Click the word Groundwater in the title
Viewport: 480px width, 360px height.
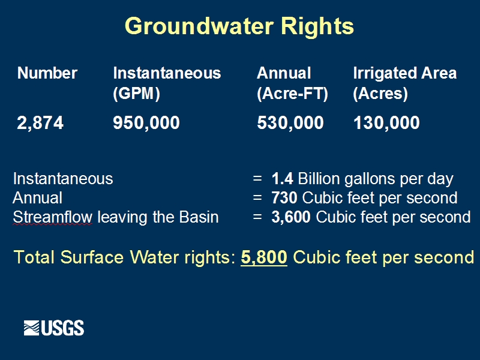[199, 26]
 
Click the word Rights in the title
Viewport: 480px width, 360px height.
[317, 27]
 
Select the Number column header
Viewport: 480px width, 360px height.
[47, 73]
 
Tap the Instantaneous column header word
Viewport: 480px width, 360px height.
[167, 73]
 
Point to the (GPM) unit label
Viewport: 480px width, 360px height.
[137, 93]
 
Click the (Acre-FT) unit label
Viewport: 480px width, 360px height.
[292, 93]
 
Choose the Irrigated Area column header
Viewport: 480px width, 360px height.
[404, 73]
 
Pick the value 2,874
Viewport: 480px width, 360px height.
[40, 123]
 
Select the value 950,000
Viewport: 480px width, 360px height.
[146, 123]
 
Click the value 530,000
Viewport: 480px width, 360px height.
[290, 123]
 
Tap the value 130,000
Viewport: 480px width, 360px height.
[386, 123]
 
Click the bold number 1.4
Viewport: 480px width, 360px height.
[282, 179]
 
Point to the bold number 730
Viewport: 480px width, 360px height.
[284, 198]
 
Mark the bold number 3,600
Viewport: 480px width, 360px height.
[291, 217]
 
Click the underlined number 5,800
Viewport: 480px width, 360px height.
[264, 257]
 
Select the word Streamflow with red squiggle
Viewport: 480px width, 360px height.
[52, 217]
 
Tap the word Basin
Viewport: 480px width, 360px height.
[199, 217]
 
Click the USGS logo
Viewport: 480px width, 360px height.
[54, 328]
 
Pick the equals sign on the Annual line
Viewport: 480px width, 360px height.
[257, 198]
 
